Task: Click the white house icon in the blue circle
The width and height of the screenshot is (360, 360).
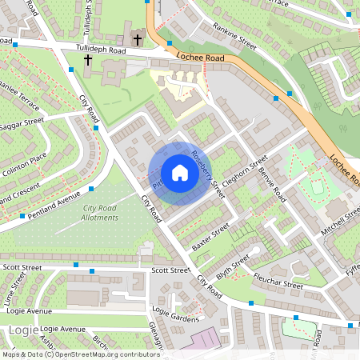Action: click(180, 173)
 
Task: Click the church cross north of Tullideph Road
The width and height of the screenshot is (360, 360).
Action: click(138, 38)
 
